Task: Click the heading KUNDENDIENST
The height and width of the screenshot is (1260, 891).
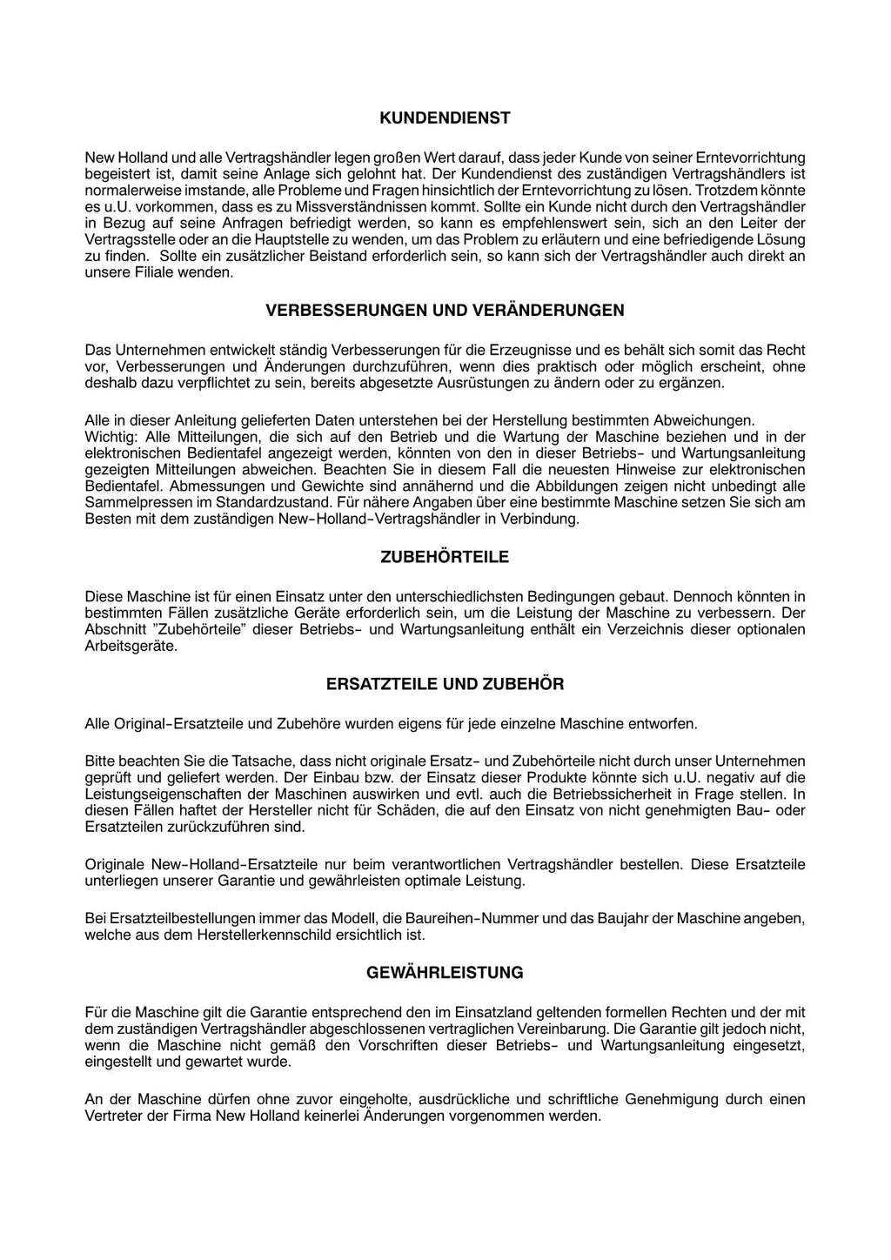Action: coord(445,117)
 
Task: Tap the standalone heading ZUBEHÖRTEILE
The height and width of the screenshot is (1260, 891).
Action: coord(445,557)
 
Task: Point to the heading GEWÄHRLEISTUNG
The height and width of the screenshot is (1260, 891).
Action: coord(445,973)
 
